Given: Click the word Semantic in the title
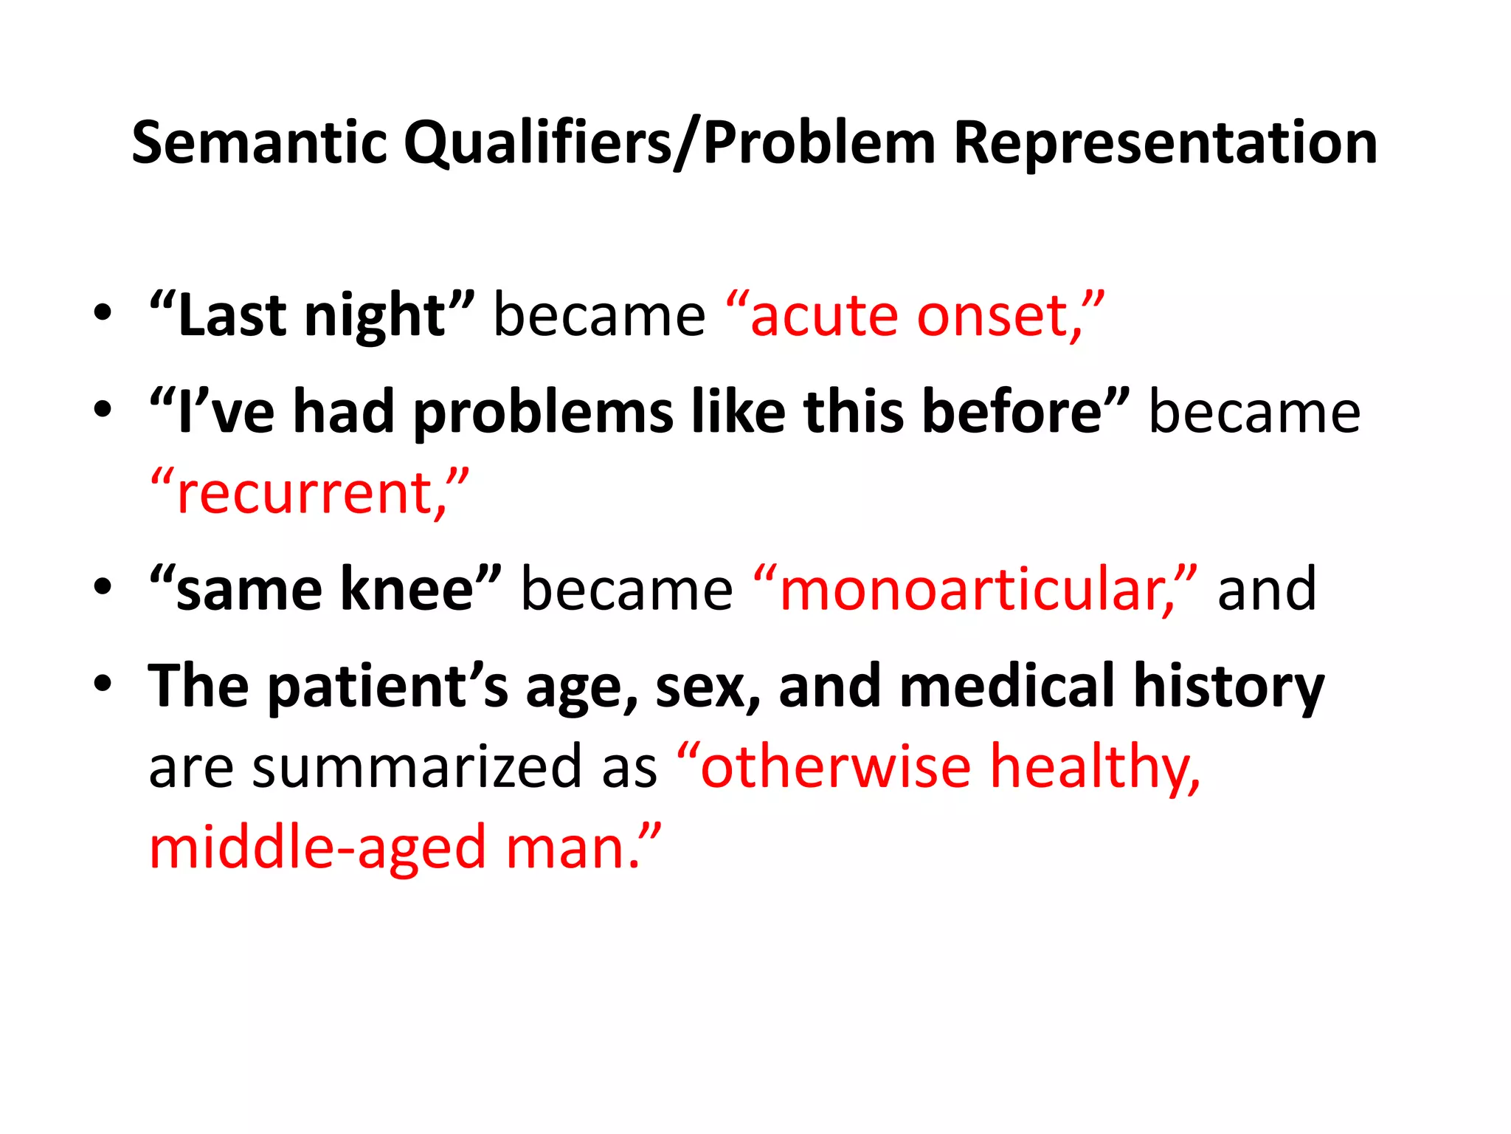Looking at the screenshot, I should click(x=259, y=142).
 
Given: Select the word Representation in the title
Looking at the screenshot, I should click(x=1165, y=142).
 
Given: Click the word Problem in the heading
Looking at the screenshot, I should click(x=819, y=142).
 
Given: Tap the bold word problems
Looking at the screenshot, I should click(x=543, y=412).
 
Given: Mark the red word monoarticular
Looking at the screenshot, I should click(x=969, y=589).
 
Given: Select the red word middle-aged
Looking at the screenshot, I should click(x=318, y=848).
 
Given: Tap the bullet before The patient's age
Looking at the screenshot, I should click(x=103, y=683).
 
